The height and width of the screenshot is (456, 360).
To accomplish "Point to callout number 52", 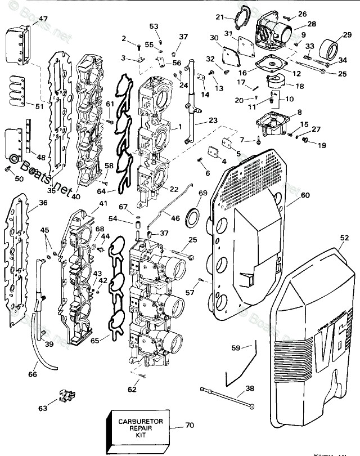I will tap(344, 238).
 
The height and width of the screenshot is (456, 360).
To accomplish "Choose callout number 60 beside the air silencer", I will tap(305, 195).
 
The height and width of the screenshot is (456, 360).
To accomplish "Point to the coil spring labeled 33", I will tap(308, 56).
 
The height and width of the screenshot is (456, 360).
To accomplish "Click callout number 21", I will tap(220, 17).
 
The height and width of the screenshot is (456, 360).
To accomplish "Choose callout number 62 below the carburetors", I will tap(132, 388).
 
